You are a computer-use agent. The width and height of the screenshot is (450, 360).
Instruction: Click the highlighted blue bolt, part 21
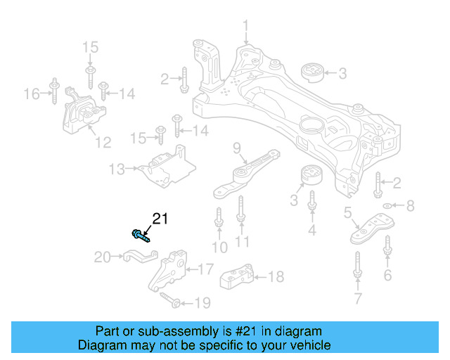(x=139, y=234)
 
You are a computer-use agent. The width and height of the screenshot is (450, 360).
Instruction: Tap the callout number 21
(x=161, y=219)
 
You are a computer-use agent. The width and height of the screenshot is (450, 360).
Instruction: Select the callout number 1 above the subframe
(x=246, y=27)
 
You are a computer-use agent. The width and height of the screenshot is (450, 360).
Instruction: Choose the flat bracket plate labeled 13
(x=165, y=167)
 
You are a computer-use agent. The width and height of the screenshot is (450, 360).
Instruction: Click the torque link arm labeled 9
(x=247, y=173)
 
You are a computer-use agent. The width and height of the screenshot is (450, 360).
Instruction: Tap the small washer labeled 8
(x=386, y=206)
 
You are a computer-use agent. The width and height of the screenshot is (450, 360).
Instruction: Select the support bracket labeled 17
(x=169, y=271)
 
